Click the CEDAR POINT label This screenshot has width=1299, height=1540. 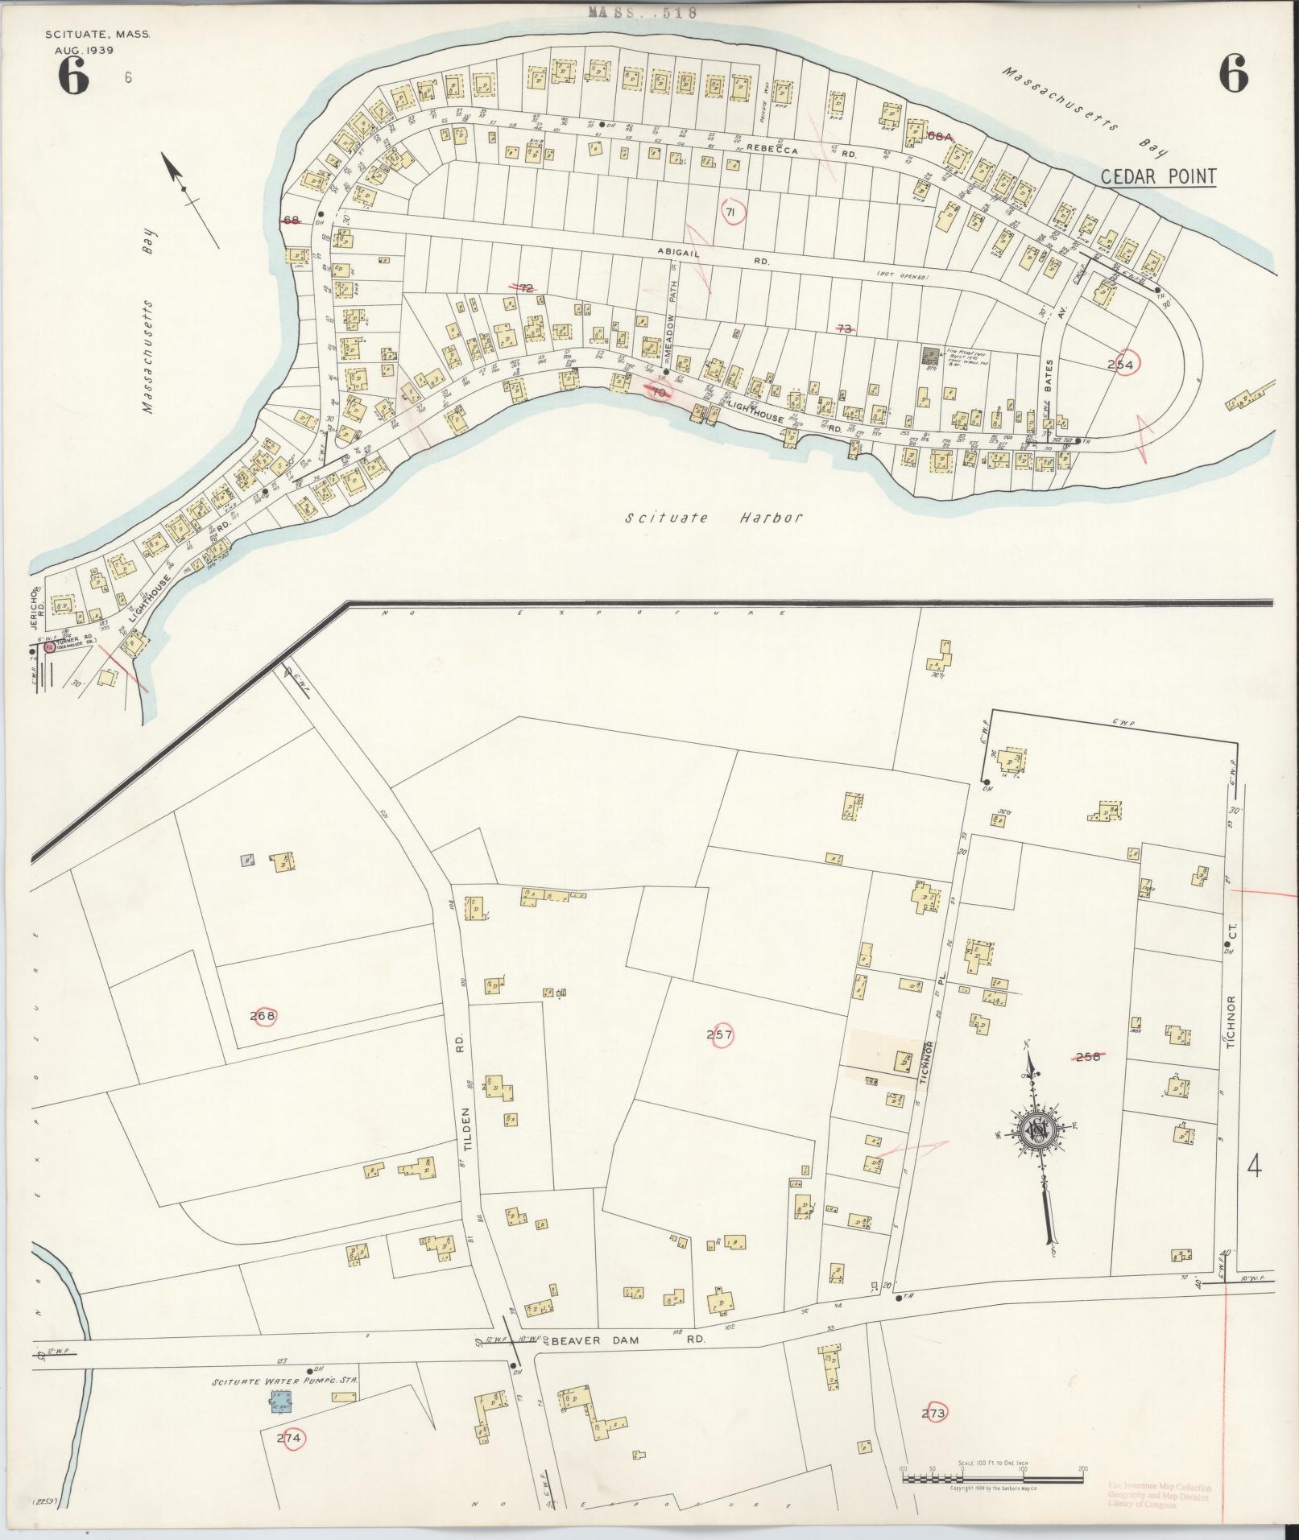click(1158, 176)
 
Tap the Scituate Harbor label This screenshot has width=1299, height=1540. click(714, 518)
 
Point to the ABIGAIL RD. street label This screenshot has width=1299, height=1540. click(712, 256)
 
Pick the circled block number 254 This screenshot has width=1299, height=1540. click(1120, 365)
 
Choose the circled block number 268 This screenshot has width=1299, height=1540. click(263, 1016)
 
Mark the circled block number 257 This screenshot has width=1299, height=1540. click(719, 1034)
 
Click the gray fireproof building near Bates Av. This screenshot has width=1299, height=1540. click(932, 354)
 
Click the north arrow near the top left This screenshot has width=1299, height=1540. click(187, 190)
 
